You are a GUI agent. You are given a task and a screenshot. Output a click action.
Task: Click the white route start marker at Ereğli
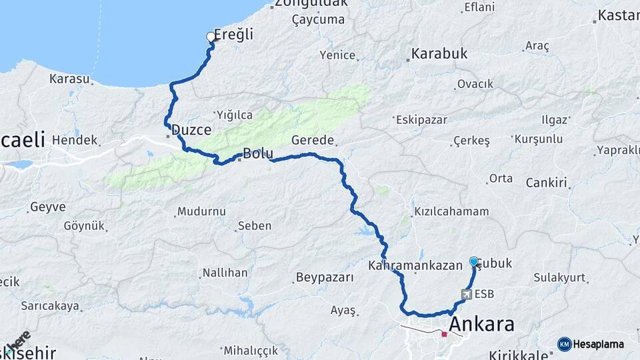point(211,37)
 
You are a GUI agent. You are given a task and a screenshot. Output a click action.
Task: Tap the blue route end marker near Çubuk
point(473,261)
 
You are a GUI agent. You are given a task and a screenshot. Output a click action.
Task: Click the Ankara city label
point(481,325)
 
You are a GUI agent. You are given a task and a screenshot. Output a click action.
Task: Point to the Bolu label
point(258,153)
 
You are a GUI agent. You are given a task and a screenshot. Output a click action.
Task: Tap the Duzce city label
point(191,130)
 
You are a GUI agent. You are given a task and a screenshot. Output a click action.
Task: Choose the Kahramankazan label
point(415,265)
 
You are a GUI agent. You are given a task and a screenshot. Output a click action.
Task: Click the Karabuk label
point(439,53)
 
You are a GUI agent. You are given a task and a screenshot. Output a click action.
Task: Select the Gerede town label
point(313,140)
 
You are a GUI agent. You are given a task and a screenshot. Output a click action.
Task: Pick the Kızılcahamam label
point(451,211)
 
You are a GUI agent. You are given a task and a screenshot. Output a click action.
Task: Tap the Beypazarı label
point(324,277)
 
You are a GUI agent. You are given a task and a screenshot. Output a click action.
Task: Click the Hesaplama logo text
point(599,344)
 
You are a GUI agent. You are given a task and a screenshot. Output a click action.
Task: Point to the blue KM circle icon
point(565,344)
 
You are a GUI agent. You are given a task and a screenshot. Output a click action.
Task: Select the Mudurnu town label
point(201,212)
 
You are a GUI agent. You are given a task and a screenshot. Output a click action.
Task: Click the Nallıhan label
point(225,273)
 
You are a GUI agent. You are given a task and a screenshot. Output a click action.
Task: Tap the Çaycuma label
point(318,20)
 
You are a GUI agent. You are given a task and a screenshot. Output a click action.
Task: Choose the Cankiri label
point(546,183)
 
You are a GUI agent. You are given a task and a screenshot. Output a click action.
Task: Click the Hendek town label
point(75,141)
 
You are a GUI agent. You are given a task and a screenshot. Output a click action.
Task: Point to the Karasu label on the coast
point(69,79)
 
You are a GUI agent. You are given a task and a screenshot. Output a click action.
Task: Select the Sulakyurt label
point(559,277)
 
